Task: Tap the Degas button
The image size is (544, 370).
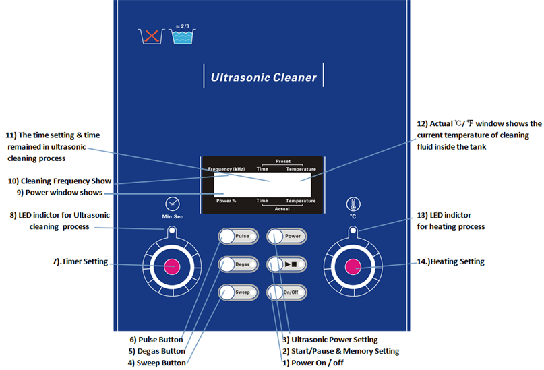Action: pos(237,264)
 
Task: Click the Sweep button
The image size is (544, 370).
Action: pos(237,292)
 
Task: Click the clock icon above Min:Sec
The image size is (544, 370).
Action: pos(173,204)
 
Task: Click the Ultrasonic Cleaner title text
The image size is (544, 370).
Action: pos(264,77)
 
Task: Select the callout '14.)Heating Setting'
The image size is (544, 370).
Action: pos(452,261)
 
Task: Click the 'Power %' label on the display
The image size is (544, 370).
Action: pos(226,201)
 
